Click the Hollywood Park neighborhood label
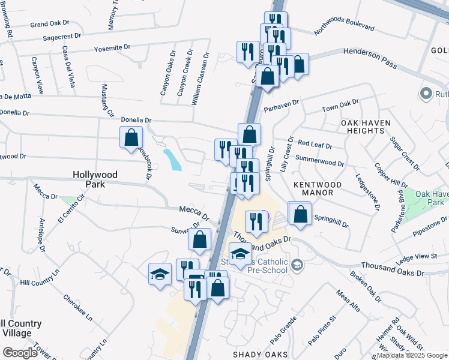[95, 179]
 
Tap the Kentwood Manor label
[318, 189]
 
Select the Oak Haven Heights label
[366, 127]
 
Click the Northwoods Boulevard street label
[344, 28]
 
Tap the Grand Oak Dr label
[50, 24]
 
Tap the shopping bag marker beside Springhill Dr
[300, 214]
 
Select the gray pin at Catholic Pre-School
[297, 265]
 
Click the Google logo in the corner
[20, 353]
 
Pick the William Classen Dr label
[200, 79]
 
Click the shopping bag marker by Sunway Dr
[200, 239]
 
